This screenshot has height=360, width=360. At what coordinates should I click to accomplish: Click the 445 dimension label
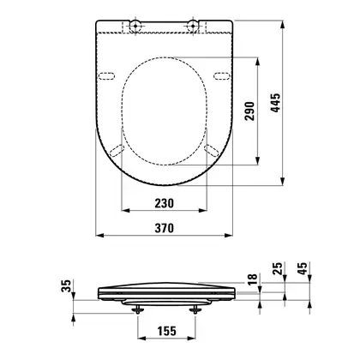point(276,103)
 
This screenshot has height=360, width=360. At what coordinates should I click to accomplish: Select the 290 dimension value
point(249,111)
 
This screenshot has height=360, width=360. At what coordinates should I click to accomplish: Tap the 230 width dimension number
point(165,203)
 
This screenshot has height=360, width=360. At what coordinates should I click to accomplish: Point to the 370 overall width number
point(165,228)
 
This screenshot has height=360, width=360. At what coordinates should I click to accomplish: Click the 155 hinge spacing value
point(167,331)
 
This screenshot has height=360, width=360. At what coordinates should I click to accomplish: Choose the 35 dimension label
point(66,285)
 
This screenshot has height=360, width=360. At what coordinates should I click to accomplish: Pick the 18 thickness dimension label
point(253,279)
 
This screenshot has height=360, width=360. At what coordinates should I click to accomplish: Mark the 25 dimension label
point(277,268)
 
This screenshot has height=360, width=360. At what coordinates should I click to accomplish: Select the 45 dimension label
point(303,268)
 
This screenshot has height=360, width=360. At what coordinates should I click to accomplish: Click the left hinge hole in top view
point(135,26)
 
